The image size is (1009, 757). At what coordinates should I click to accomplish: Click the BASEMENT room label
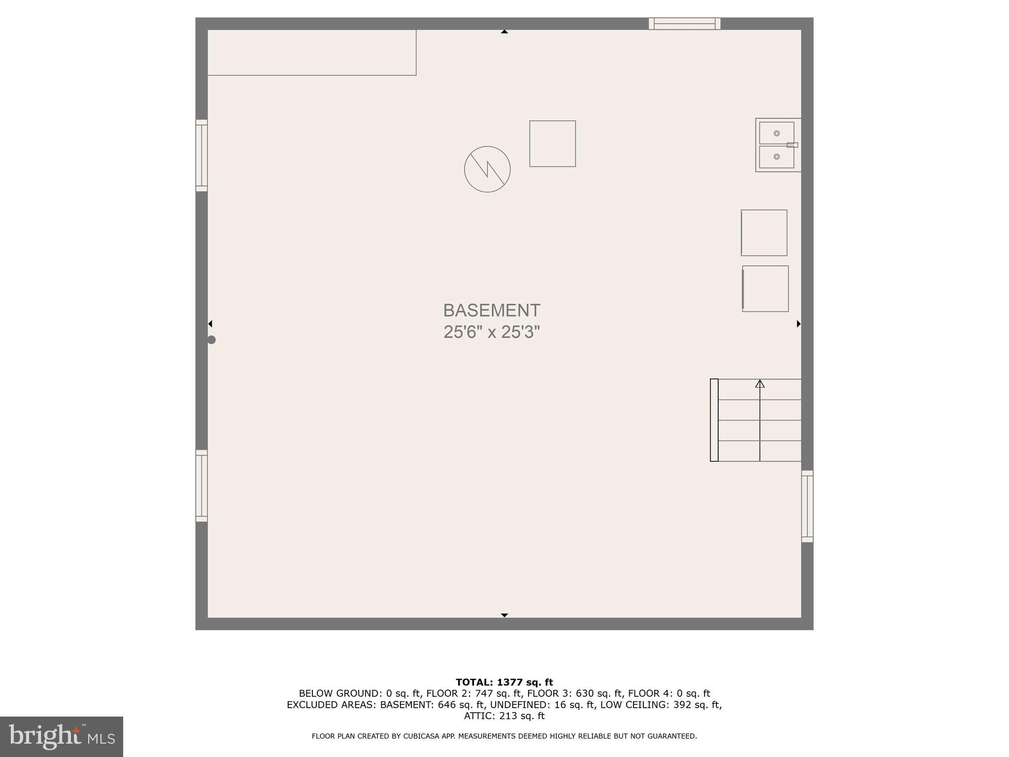[492, 310]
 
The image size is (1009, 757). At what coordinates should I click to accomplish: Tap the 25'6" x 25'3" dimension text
[492, 332]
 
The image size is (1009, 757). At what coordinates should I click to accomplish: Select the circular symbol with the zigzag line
[487, 169]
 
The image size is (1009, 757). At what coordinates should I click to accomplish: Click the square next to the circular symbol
[552, 143]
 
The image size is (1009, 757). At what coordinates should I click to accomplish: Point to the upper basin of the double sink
[776, 133]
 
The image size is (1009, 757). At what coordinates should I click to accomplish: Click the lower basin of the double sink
[776, 157]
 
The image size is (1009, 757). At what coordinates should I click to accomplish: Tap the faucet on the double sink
[792, 145]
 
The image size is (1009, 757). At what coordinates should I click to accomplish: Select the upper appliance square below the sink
[764, 233]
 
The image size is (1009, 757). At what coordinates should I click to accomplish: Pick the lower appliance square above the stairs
[765, 289]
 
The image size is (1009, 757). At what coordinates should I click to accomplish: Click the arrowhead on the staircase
[760, 383]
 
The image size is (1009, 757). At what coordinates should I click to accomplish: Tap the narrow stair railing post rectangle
[714, 420]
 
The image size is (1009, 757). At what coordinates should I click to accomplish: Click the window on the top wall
[684, 24]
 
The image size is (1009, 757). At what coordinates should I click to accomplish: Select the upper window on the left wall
[202, 155]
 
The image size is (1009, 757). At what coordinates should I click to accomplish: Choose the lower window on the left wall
[202, 485]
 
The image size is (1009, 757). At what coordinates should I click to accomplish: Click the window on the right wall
[807, 506]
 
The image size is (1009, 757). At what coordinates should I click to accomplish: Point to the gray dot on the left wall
[211, 340]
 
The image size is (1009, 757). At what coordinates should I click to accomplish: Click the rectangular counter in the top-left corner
[312, 53]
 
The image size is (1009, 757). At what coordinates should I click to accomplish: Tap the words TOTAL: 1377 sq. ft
[504, 682]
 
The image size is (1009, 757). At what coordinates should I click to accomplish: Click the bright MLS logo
[62, 737]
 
